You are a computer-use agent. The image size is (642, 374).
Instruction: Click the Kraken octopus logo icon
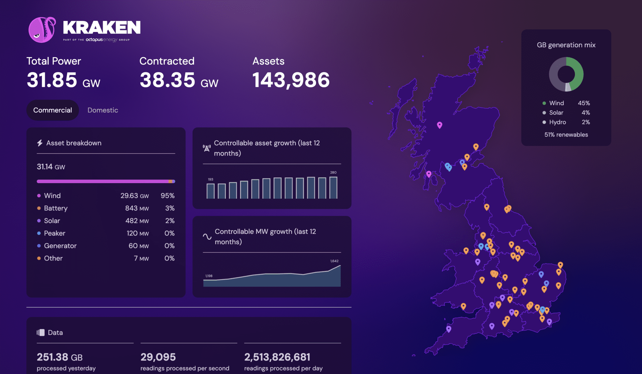(42, 30)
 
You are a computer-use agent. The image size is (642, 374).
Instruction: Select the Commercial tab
(53, 110)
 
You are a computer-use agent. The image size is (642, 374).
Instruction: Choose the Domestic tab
(103, 110)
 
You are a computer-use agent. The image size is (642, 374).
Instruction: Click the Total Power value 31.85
(52, 80)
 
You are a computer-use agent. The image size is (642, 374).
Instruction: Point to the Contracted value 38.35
(167, 80)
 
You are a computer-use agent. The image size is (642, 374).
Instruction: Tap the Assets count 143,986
(291, 80)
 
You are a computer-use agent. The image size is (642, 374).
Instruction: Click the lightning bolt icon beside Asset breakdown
(40, 143)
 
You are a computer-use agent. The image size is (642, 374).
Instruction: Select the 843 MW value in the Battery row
(137, 208)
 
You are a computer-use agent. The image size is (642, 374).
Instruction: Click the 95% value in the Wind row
(167, 196)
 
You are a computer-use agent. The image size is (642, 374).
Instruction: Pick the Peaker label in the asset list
(55, 233)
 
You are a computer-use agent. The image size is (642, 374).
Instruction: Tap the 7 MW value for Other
(141, 258)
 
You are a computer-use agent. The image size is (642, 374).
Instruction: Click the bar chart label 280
(333, 172)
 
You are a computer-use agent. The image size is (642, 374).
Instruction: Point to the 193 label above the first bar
(210, 179)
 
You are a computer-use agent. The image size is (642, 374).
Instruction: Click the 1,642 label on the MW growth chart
(334, 261)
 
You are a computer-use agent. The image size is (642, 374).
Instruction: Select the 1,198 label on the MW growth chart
(209, 276)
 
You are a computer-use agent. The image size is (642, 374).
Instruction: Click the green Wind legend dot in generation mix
(544, 103)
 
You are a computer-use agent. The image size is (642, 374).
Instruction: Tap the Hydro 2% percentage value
(586, 122)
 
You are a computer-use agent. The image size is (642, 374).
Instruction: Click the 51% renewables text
(566, 135)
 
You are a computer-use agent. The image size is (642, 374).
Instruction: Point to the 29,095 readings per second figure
(158, 357)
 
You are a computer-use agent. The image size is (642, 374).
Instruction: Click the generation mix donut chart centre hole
(566, 74)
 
